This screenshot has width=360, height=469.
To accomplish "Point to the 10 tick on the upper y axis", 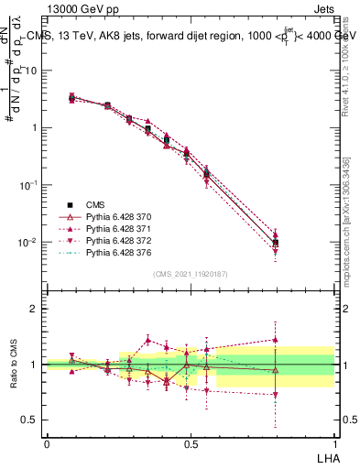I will (x=31, y=70).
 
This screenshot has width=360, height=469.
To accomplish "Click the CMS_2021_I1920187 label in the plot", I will (x=190, y=273).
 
